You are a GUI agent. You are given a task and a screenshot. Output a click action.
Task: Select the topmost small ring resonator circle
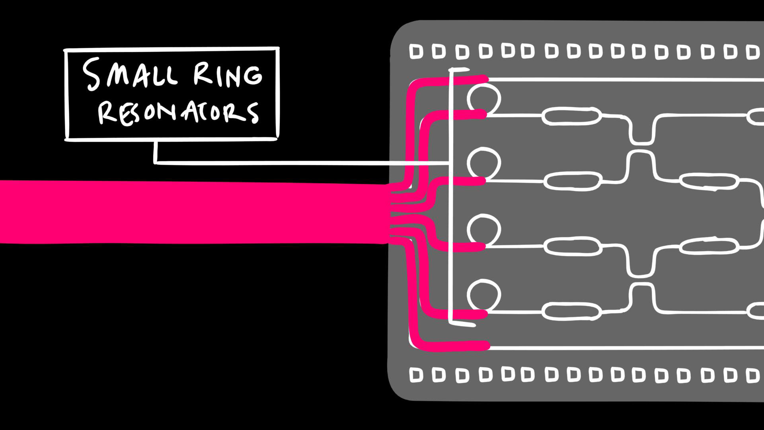point(483,98)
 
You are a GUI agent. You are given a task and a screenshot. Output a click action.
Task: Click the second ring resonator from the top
point(483,163)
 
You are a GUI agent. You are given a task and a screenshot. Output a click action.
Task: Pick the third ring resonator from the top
point(483,230)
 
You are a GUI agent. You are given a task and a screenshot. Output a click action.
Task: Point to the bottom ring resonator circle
point(483,295)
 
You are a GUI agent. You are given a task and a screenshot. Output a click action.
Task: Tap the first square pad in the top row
point(416,52)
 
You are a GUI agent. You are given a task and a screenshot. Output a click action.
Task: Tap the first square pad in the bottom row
point(416,375)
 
